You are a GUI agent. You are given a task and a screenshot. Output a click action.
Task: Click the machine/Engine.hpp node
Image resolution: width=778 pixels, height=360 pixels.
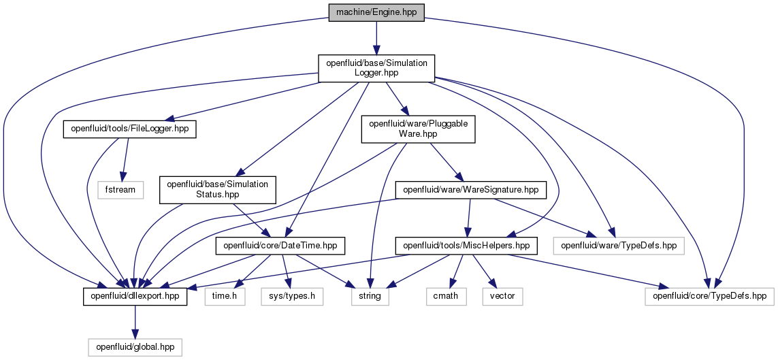click(x=376, y=12)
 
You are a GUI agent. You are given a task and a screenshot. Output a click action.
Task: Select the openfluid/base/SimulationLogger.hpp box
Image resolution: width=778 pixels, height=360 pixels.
click(x=376, y=69)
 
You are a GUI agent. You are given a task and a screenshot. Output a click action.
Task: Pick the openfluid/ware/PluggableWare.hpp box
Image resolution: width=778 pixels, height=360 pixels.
click(x=419, y=129)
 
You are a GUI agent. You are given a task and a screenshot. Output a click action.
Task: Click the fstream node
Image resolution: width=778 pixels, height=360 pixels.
click(x=120, y=190)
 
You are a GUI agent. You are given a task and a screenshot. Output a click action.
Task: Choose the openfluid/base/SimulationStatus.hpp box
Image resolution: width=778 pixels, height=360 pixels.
click(x=217, y=190)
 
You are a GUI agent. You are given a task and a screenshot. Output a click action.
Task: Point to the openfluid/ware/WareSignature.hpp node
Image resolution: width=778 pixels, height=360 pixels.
click(x=470, y=190)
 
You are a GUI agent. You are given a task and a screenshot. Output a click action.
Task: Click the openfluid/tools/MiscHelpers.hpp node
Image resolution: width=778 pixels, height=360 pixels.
click(x=466, y=246)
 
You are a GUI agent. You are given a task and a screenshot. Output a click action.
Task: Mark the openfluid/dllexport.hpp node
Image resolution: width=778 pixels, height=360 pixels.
click(x=135, y=297)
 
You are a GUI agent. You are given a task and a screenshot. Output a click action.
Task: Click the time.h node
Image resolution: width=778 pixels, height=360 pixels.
click(x=225, y=297)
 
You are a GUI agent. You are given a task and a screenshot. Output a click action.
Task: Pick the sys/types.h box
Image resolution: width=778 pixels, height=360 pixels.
click(x=291, y=297)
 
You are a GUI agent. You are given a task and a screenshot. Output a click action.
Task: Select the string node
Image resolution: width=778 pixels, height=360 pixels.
click(x=370, y=297)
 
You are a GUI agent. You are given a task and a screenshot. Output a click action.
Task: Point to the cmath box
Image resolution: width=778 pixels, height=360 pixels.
click(x=446, y=297)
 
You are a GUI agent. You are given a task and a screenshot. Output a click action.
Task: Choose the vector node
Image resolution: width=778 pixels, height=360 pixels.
click(x=502, y=297)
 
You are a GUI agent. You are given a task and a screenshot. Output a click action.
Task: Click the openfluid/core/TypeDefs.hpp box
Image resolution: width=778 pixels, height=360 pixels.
click(x=709, y=297)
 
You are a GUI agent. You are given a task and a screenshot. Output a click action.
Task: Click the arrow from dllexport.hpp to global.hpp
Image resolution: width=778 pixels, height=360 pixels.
click(x=135, y=322)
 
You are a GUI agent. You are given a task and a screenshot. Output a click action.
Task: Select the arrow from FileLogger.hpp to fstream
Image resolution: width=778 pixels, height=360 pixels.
click(x=125, y=160)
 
